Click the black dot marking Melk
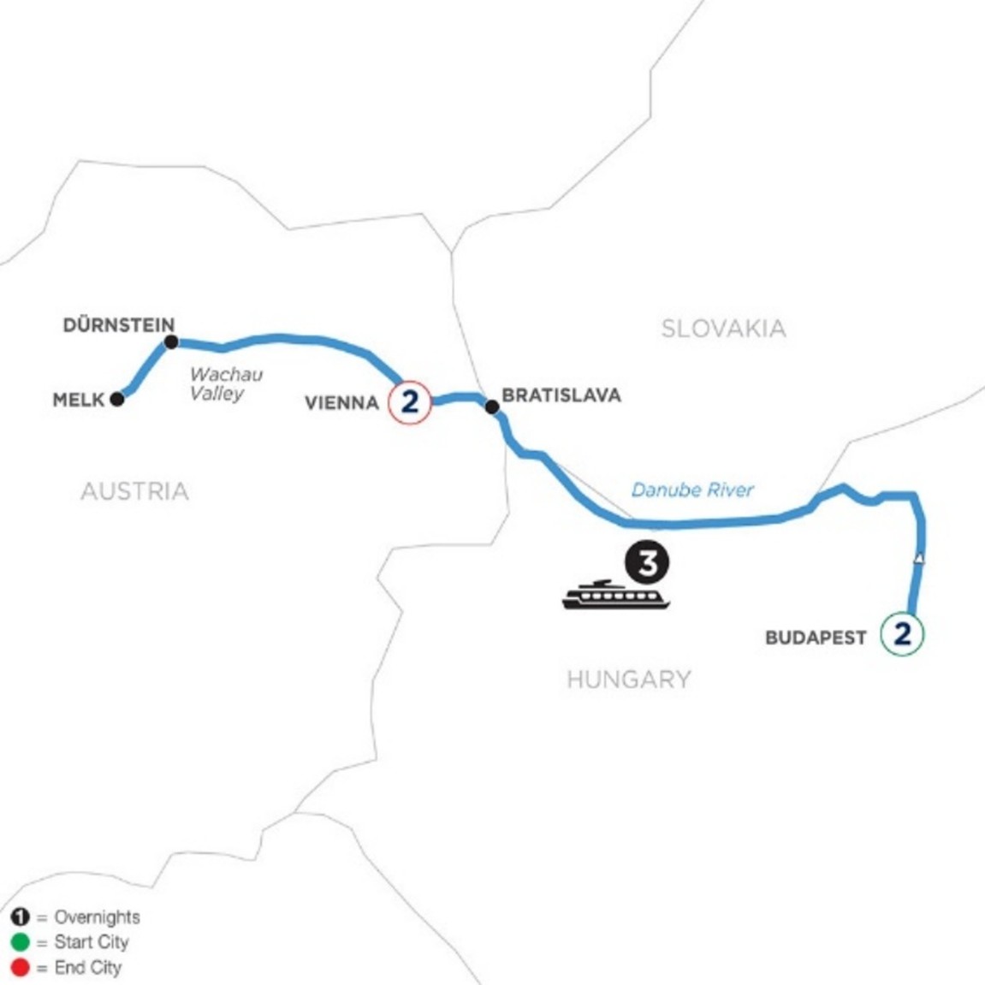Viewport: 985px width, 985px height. (x=117, y=399)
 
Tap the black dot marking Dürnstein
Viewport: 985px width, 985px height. (x=171, y=342)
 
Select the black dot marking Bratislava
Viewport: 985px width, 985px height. (x=492, y=407)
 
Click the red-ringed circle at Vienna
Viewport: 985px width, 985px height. (x=410, y=401)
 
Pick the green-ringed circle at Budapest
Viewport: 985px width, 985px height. (x=902, y=634)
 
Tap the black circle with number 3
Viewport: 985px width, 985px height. (x=647, y=563)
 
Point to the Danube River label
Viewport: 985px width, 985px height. (x=692, y=490)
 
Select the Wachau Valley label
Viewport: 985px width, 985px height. (x=225, y=384)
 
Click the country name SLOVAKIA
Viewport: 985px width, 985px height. (x=723, y=329)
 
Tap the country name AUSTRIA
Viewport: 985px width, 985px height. (x=134, y=491)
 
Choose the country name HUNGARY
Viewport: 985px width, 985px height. (x=629, y=679)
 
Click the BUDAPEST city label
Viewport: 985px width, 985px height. (x=816, y=638)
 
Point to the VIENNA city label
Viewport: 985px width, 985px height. (x=341, y=402)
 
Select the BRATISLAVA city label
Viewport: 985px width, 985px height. (x=561, y=395)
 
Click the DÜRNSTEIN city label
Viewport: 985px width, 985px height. (x=119, y=325)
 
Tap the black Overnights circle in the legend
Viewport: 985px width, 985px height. (x=20, y=917)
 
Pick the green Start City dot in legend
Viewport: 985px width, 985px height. (x=20, y=942)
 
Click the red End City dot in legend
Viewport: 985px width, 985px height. (x=20, y=968)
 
